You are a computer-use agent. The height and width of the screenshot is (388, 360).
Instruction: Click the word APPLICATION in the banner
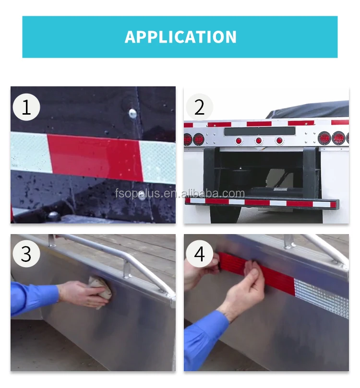point(180,37)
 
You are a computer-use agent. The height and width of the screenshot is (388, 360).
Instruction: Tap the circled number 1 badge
point(26,107)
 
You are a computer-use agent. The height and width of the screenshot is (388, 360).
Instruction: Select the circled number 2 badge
point(200,107)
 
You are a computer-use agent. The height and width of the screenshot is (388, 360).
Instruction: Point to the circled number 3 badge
point(26,254)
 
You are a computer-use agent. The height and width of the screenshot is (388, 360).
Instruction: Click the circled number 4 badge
point(200,254)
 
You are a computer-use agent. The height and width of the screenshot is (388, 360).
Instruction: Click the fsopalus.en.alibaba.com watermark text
point(180,193)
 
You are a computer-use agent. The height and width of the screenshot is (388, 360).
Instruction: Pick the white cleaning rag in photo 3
point(100,292)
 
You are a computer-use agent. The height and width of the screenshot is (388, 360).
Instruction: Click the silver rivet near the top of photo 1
point(132,113)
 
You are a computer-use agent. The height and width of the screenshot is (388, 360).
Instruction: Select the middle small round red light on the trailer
point(259,141)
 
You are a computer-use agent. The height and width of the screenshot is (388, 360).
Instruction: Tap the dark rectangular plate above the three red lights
point(260,131)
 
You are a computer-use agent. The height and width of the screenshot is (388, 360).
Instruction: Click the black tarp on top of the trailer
point(308,110)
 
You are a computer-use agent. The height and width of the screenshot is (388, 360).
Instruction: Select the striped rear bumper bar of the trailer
point(262,203)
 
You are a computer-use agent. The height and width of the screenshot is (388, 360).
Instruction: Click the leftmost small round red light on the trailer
point(239,141)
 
